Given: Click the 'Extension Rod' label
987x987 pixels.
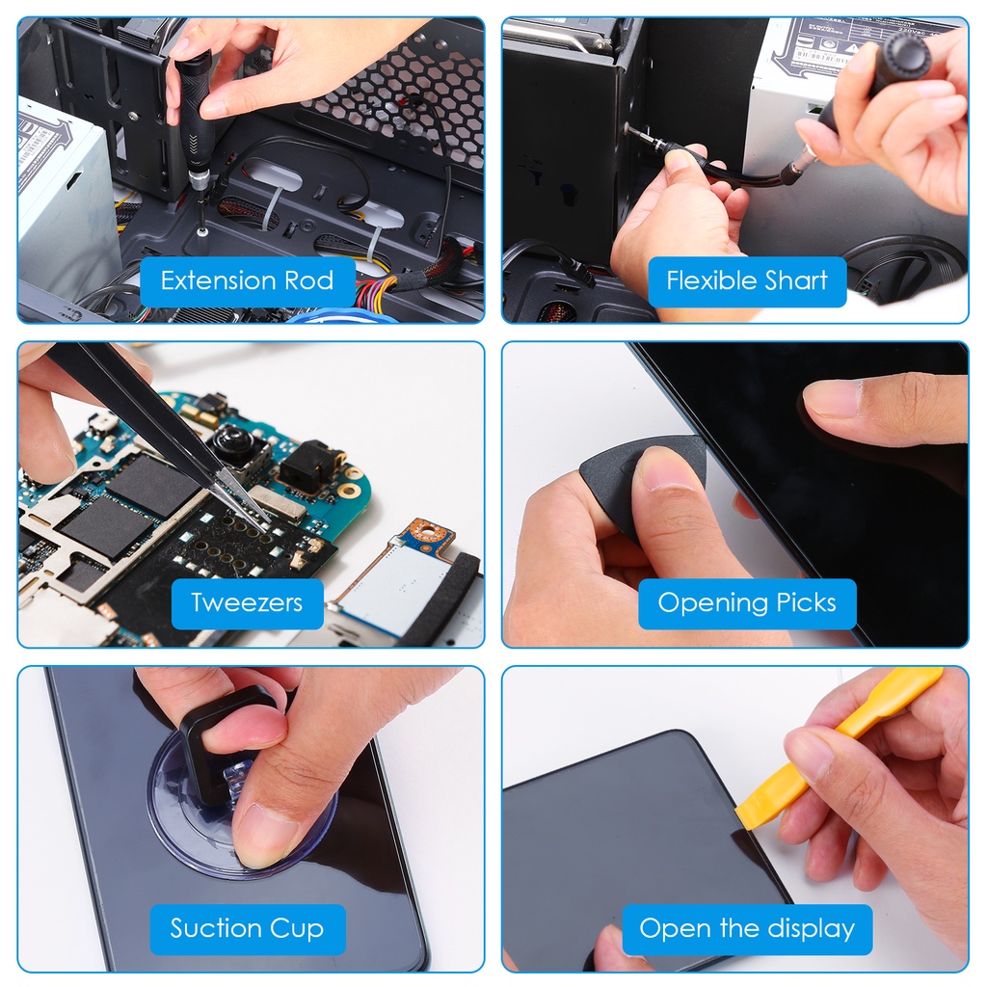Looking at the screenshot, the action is tap(247, 280).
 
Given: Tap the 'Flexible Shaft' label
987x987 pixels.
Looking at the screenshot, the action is tap(747, 280).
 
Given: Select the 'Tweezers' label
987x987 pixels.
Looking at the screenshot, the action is tap(247, 603).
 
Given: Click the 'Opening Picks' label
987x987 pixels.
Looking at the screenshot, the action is tap(747, 603).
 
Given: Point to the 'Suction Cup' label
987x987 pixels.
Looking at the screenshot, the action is tap(247, 928).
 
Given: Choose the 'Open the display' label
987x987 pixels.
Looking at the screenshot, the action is tap(747, 928).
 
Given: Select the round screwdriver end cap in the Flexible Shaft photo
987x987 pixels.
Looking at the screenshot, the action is tap(905, 55).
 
